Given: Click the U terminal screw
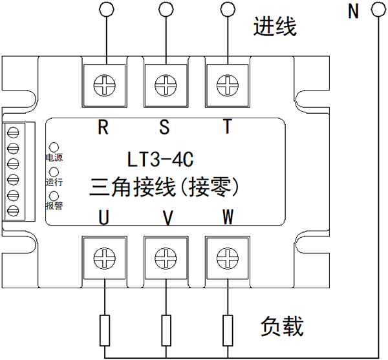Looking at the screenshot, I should coord(103,259).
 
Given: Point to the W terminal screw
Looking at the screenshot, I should coord(227,259).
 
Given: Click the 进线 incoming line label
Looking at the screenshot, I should coord(275,27).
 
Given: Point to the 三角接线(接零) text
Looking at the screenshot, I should coord(164,187).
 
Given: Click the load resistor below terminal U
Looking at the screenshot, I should coord(103,330).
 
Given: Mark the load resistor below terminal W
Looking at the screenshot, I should coord(227,330).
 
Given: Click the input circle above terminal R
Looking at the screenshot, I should coord(103,8).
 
